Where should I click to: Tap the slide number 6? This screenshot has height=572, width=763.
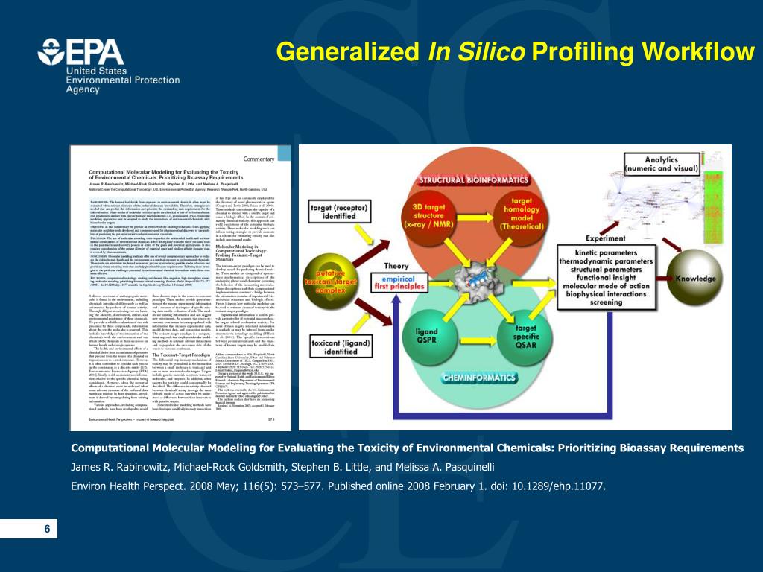point(47,529)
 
